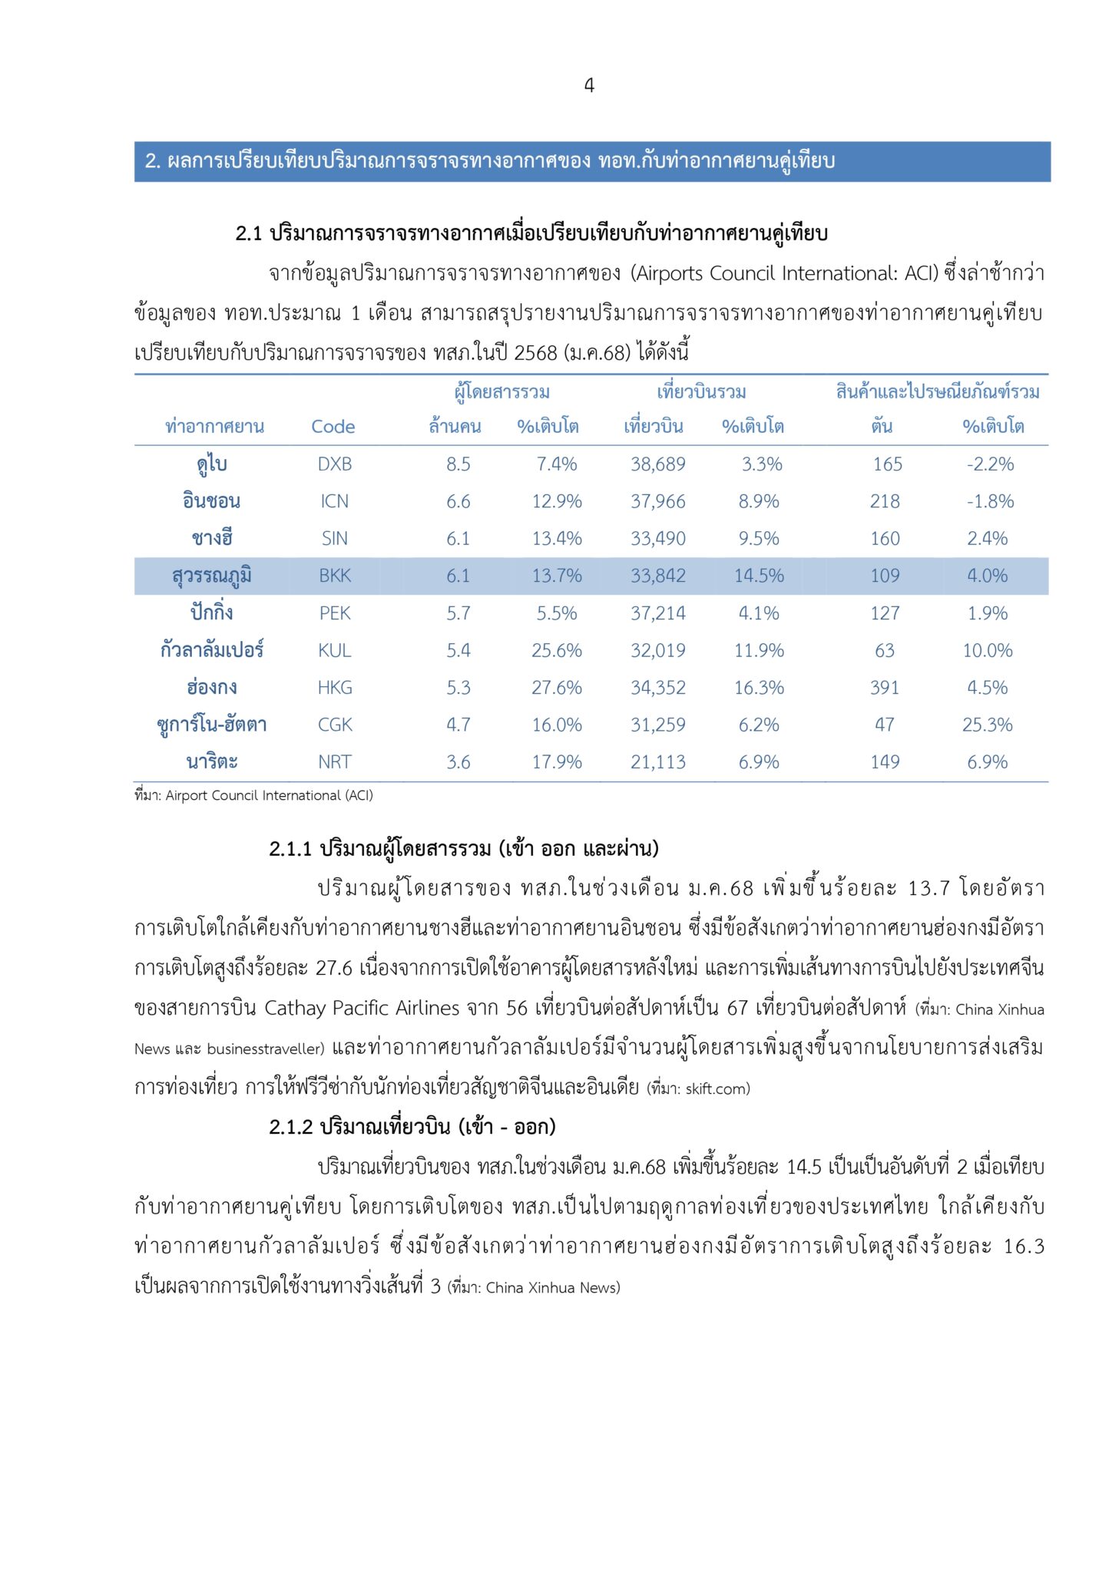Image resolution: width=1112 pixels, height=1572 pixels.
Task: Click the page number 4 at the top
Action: click(x=589, y=85)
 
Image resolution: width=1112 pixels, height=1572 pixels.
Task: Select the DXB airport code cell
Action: click(x=335, y=464)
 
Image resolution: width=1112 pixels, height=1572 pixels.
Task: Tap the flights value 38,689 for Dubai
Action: click(x=658, y=464)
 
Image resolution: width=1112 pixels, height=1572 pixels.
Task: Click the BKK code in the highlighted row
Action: click(x=335, y=576)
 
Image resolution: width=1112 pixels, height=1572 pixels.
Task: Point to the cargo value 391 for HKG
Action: click(x=885, y=688)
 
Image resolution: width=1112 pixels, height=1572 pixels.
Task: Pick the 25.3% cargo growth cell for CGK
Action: click(x=988, y=725)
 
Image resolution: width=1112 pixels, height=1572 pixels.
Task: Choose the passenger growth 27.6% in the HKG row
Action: click(x=557, y=688)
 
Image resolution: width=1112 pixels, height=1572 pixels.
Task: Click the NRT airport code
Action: click(x=335, y=762)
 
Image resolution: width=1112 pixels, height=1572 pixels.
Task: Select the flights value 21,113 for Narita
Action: click(x=658, y=762)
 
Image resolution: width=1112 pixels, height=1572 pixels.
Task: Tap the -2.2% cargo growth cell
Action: click(x=990, y=464)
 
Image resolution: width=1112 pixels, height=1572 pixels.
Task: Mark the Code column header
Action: click(x=333, y=427)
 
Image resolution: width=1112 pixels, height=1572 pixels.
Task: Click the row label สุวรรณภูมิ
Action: click(x=212, y=576)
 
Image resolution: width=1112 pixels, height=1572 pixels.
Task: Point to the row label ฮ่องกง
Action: click(x=212, y=688)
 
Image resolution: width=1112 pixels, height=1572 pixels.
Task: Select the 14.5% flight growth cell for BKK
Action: click(x=759, y=576)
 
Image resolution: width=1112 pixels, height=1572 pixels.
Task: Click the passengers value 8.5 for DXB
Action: click(x=458, y=464)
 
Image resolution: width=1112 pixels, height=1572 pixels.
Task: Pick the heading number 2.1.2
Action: click(x=291, y=1127)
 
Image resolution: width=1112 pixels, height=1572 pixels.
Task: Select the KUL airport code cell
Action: click(x=335, y=651)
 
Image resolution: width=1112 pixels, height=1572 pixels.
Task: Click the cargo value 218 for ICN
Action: click(x=885, y=501)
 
